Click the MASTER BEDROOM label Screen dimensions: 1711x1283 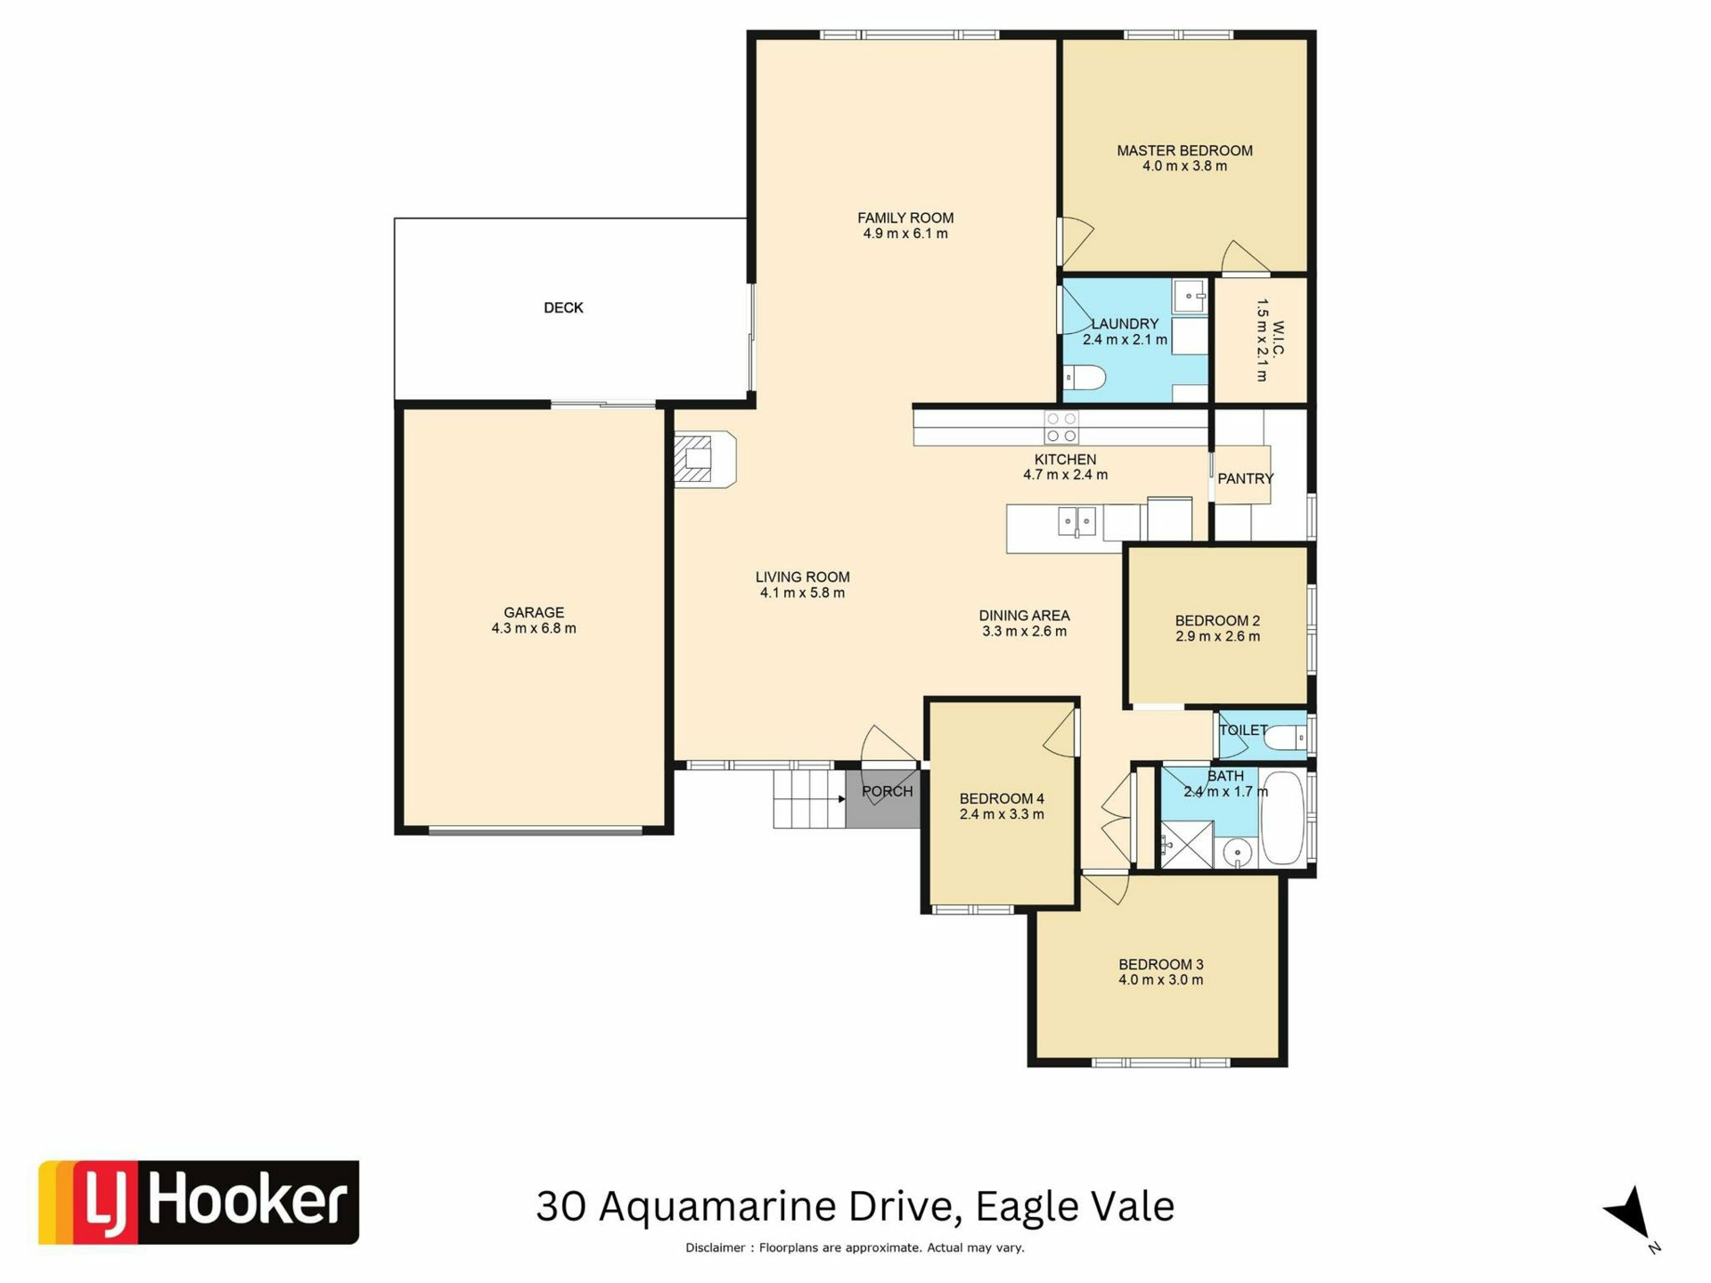pos(1184,151)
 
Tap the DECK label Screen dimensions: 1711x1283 pos(563,307)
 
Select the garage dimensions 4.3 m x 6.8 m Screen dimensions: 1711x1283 pos(534,628)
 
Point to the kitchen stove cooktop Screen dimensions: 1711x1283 pos(1061,427)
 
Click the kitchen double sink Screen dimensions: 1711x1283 pos(1077,520)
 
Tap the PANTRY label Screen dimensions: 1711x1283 pos(1245,478)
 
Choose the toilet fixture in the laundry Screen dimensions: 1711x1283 pos(1085,379)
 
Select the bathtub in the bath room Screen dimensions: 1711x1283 pos(1283,818)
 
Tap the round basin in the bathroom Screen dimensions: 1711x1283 pos(1237,854)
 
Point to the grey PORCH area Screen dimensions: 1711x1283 pos(882,797)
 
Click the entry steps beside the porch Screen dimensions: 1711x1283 pos(809,799)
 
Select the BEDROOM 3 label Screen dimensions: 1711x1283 pos(1161,964)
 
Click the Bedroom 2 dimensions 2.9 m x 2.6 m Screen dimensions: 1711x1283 pos(1217,636)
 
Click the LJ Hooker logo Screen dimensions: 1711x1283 pos(199,1202)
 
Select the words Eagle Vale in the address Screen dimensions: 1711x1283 pos(1075,1206)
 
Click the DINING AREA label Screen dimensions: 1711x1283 pos(1024,616)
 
